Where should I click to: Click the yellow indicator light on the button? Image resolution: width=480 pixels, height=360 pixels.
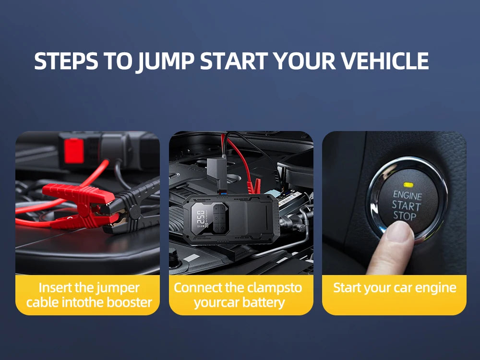(x=408, y=184)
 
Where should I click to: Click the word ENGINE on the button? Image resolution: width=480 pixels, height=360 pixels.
(x=408, y=196)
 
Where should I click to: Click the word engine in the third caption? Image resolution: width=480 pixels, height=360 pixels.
(x=433, y=288)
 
